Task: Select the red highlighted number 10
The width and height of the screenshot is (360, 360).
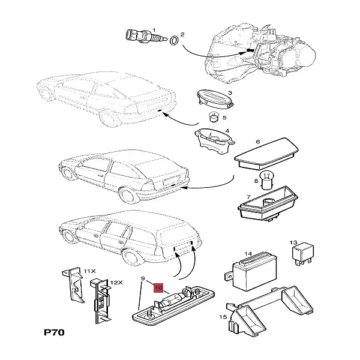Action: [159, 287]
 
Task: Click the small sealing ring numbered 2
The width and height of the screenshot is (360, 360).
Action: [172, 41]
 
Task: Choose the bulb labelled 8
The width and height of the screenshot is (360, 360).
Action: [268, 178]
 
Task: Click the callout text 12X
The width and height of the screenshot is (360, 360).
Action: [116, 282]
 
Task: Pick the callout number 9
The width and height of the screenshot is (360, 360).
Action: [143, 278]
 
